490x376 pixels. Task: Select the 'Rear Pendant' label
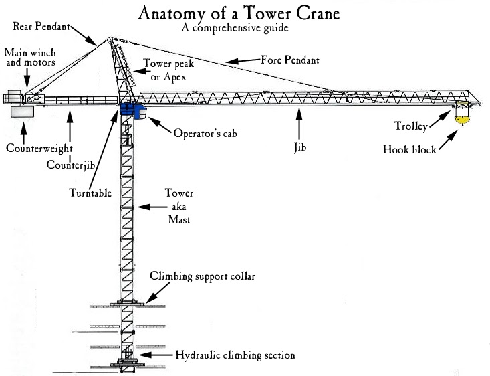39,26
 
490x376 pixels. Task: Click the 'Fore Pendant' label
289,60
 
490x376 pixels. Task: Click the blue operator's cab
137,110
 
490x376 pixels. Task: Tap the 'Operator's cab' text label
205,132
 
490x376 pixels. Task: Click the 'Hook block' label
410,149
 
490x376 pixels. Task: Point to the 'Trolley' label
412,125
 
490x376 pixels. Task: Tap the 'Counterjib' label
69,164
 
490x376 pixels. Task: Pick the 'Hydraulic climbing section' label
234,355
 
